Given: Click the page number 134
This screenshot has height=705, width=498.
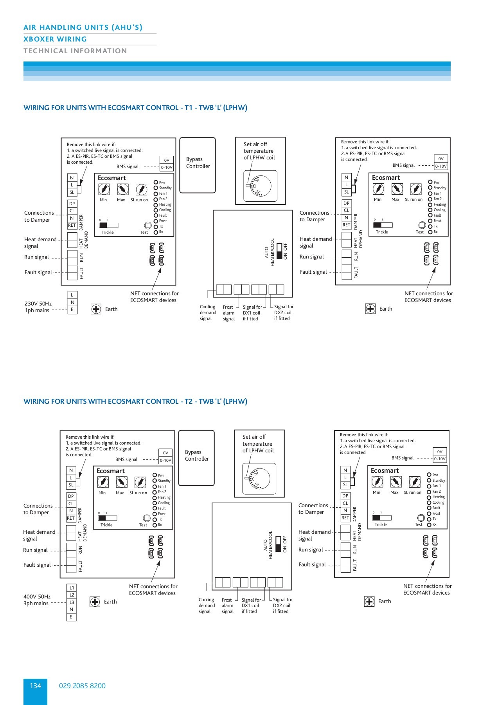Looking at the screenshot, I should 35,685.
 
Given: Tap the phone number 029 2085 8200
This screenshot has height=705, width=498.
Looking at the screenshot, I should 82,685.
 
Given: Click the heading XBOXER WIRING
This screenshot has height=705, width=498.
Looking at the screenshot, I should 55,39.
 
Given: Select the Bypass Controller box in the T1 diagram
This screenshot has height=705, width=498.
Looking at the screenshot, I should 198,165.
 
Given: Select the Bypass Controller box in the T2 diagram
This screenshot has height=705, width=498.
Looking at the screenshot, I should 196,457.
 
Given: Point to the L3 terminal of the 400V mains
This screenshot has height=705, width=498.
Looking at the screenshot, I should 72,602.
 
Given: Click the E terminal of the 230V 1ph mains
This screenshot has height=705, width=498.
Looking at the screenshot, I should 72,309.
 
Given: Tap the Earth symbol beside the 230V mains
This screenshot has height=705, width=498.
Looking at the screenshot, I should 96,309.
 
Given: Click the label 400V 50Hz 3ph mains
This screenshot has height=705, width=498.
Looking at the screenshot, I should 36,600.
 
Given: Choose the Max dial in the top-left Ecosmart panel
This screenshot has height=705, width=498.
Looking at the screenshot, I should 123,190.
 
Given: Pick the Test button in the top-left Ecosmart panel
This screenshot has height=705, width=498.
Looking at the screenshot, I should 148,225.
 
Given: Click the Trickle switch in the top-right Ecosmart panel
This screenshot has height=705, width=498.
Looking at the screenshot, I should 383,225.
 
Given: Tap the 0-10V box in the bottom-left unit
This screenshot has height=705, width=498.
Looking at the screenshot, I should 165,460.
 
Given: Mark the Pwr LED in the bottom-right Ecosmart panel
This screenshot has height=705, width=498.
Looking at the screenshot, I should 429,475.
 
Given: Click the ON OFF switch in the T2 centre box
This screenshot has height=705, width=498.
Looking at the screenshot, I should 278,544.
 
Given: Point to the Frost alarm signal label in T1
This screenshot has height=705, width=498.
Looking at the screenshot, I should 228,313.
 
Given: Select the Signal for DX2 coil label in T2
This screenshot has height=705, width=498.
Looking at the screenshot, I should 282,605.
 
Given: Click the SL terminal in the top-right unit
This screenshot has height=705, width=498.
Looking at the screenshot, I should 346,192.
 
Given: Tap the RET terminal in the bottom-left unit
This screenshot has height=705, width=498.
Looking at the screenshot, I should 71,518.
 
